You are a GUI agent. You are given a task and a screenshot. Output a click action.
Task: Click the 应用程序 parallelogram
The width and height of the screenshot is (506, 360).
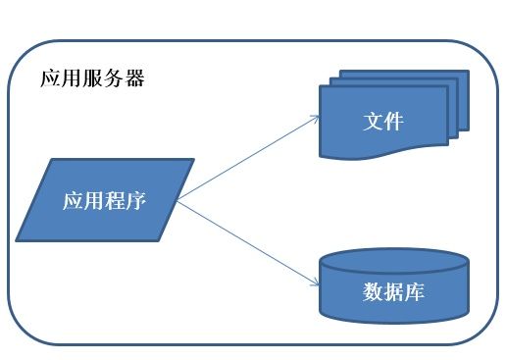pyautogui.click(x=105, y=201)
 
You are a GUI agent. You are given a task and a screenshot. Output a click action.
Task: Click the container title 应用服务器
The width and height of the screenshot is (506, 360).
pyautogui.click(x=92, y=78)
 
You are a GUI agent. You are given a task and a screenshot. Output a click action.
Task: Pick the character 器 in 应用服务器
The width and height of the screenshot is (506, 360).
pyautogui.click(x=134, y=78)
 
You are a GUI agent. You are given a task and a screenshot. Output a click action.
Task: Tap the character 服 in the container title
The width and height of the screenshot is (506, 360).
pyautogui.click(x=92, y=78)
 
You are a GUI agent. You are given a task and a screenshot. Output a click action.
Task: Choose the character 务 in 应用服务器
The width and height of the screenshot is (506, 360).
pyautogui.click(x=114, y=78)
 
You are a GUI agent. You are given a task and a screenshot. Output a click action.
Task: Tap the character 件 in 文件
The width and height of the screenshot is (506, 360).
pyautogui.click(x=394, y=123)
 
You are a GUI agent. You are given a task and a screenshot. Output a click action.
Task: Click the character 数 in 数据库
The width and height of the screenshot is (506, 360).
pyautogui.click(x=373, y=292)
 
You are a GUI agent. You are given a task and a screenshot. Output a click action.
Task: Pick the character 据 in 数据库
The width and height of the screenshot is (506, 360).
pyautogui.click(x=394, y=292)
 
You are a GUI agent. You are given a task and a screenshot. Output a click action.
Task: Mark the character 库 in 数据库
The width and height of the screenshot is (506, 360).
pyautogui.click(x=415, y=292)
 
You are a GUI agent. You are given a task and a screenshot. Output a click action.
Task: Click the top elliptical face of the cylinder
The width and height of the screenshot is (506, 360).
pyautogui.click(x=394, y=261)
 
